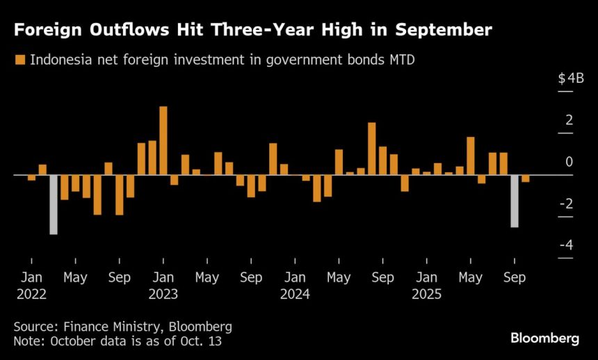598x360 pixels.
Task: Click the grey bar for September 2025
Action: (x=515, y=201)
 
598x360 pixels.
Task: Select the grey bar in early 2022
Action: (x=54, y=204)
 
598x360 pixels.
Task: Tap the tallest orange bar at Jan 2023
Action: (x=163, y=140)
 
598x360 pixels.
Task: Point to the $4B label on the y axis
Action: (x=570, y=79)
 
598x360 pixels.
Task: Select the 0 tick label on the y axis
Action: (x=569, y=162)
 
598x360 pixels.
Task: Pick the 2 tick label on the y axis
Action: (x=569, y=120)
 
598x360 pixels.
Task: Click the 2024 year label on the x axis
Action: (x=295, y=294)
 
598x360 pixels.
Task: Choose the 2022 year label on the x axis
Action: (x=31, y=294)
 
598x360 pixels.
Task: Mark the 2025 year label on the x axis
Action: (x=426, y=294)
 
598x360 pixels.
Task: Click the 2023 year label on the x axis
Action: (x=163, y=294)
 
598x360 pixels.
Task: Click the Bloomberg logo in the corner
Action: (x=545, y=338)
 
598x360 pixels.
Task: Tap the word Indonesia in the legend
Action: (x=60, y=60)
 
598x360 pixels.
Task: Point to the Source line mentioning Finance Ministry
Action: (x=122, y=326)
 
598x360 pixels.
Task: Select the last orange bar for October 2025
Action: (x=526, y=179)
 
